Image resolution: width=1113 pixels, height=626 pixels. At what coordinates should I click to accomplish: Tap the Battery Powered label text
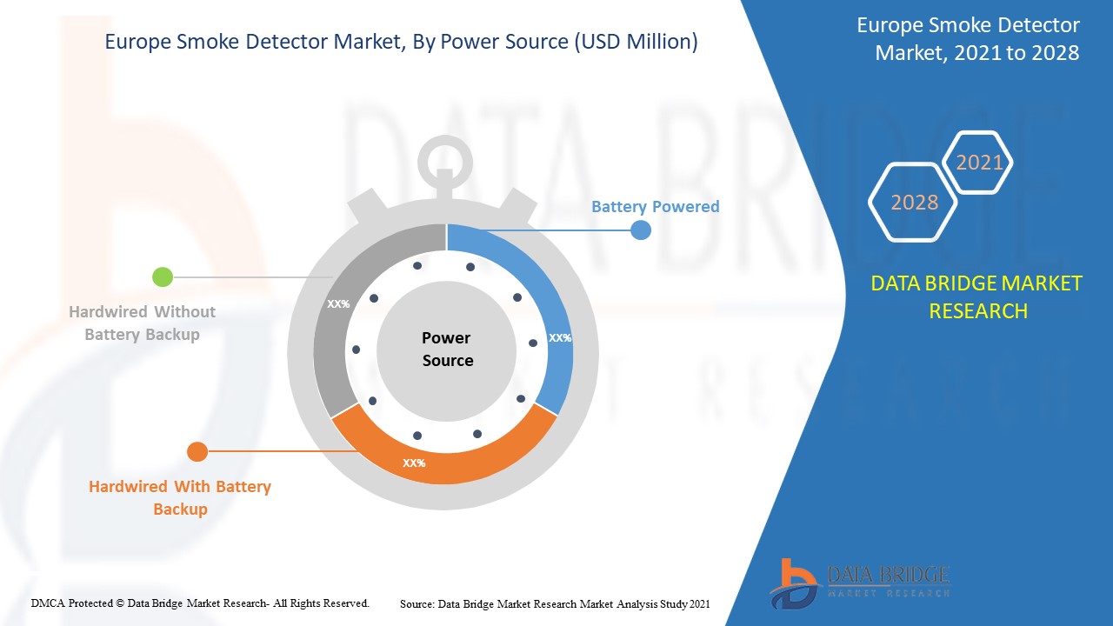coord(655,207)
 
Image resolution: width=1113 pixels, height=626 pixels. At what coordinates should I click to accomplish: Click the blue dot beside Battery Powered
coord(640,230)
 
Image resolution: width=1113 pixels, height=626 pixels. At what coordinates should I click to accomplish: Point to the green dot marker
coord(163,277)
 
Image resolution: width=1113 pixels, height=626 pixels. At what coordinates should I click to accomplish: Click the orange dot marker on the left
coord(197,451)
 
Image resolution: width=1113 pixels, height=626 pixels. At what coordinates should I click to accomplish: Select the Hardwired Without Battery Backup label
coord(143,323)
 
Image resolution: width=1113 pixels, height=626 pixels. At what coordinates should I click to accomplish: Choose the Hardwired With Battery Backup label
coord(180,497)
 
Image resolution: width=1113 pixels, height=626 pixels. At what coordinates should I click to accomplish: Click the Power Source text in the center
coord(447,349)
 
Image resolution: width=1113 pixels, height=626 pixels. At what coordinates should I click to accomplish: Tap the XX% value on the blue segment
coord(560,338)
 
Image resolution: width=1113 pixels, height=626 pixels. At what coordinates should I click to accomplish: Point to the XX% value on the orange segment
coord(414,463)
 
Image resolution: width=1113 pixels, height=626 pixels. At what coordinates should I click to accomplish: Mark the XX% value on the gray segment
coord(338,304)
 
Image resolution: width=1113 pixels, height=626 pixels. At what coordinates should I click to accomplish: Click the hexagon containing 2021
coord(979,163)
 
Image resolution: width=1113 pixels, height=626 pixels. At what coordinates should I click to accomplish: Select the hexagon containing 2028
coord(914,202)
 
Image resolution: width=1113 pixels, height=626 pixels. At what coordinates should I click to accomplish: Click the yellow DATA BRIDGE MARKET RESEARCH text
coord(977,296)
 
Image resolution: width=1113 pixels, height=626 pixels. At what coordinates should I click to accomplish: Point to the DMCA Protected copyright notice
coord(200,603)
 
